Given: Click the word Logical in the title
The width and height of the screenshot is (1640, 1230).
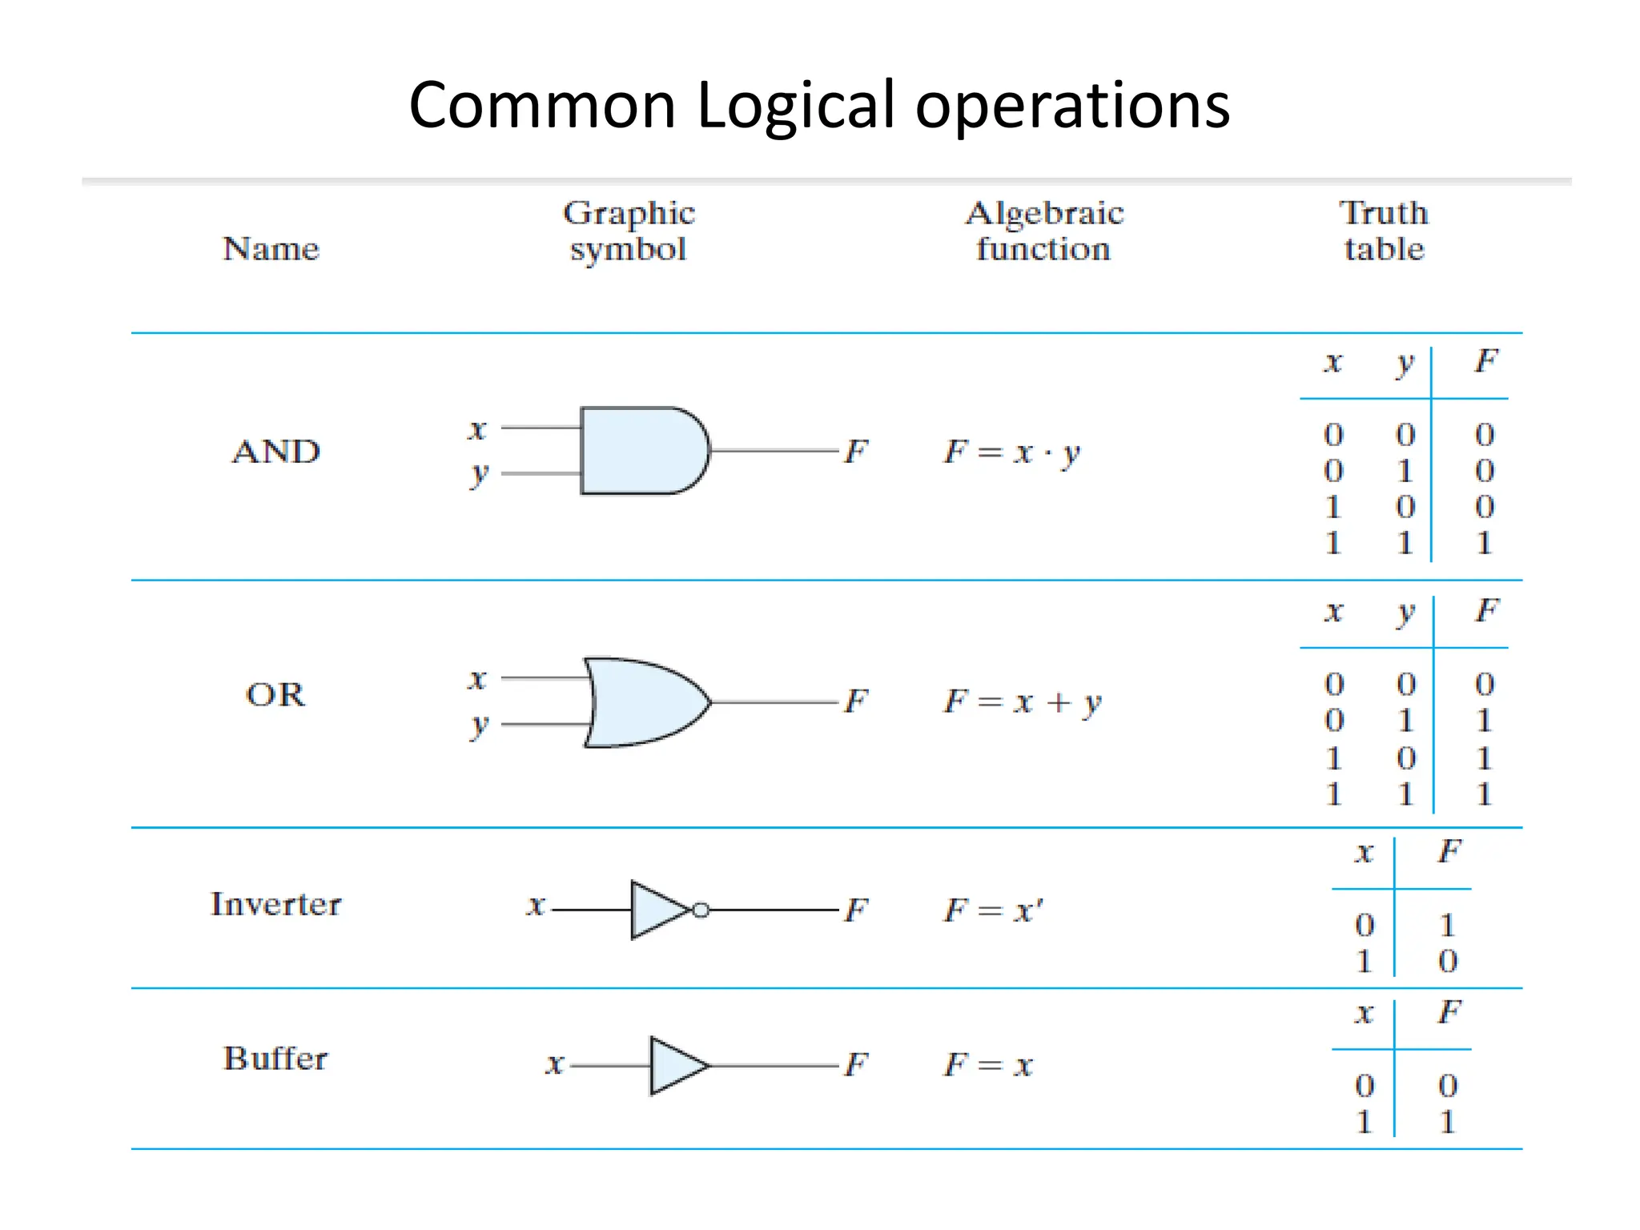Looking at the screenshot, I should point(795,106).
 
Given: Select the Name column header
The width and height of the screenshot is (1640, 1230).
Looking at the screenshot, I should point(271,249).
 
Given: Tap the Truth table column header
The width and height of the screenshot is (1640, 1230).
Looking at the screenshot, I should point(1384,231).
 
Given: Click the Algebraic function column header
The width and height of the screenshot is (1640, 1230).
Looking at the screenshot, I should point(1043,231).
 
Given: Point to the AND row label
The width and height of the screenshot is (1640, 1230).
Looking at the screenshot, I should point(276,452).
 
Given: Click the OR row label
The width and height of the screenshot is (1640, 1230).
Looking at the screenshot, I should point(275,694).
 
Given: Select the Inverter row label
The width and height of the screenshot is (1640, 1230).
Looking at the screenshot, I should point(275,904).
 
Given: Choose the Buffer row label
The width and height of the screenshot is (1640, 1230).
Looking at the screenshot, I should point(275,1059).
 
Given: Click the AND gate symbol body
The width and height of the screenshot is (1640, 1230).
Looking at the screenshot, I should point(641,451).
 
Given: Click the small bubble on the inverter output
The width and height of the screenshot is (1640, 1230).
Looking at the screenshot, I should point(701,910).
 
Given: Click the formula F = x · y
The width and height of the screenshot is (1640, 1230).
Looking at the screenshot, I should point(1012,452).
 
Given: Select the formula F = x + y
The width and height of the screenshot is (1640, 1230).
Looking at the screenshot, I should point(1023,702).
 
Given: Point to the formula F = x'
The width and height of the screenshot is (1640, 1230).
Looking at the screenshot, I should point(993,910).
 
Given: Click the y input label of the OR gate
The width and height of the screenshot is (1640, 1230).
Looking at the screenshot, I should point(479,725).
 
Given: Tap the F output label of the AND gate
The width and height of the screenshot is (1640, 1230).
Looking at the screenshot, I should point(856,452).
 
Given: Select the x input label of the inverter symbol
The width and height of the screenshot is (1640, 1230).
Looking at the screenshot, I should point(535,906).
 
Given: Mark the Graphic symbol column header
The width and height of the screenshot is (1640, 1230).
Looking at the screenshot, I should point(629,231).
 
